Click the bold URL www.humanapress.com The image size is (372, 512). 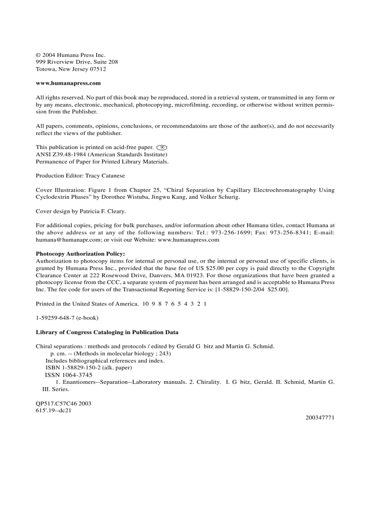coord(68,83)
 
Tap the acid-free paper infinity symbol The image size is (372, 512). coord(162,147)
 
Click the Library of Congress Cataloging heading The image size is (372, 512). coord(107,332)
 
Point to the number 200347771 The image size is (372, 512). coord(320,417)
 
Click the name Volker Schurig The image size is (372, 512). coord(220,197)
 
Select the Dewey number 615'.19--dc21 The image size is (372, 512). coord(53,410)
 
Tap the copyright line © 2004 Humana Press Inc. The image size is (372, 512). coord(71,55)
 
